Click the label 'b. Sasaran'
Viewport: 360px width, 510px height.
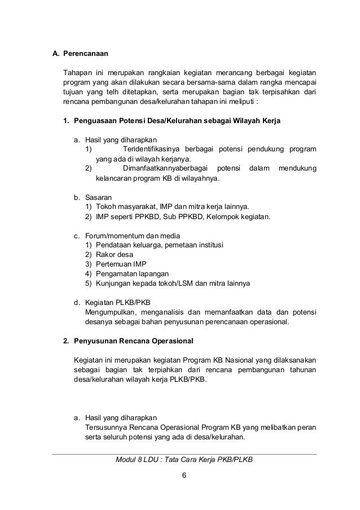pos(93,197)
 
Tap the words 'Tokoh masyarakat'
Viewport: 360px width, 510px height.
pos(126,207)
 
